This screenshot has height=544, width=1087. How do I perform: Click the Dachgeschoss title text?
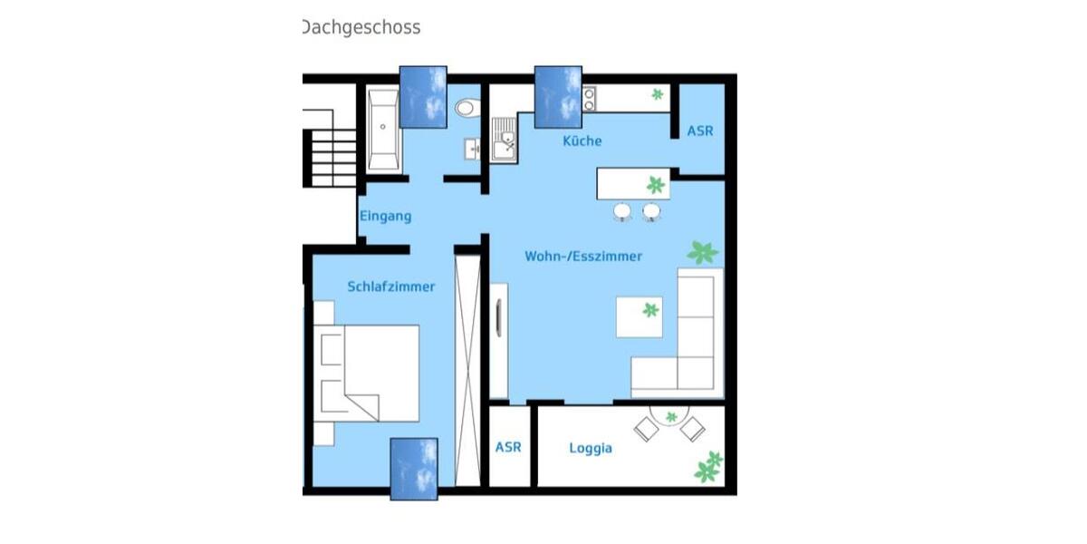361,27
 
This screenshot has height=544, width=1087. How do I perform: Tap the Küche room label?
582,141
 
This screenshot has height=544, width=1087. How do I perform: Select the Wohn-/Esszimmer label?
583,257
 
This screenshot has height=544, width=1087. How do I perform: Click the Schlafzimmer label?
390,287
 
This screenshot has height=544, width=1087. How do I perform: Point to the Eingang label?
386,216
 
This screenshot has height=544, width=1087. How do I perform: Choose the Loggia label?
590,448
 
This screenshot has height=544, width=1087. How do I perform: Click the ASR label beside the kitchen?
699,131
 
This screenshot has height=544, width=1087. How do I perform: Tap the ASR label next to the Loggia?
508,448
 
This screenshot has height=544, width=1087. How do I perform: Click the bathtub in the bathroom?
383,129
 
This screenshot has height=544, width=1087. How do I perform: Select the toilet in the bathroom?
466,109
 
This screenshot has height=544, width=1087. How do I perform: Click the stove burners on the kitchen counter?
589,98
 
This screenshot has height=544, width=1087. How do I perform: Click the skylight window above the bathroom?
423,97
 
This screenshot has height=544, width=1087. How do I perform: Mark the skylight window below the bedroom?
414,469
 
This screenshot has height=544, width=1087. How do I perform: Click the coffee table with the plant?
639,316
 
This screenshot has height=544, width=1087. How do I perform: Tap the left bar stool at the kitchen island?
621,212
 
